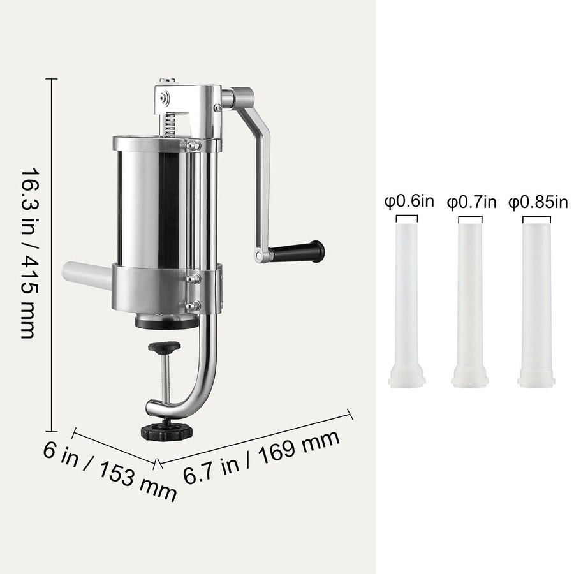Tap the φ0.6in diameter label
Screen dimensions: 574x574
point(409,202)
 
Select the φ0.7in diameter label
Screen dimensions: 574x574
point(471,202)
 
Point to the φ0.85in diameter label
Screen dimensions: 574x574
point(538,202)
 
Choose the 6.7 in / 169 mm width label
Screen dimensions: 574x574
point(261,457)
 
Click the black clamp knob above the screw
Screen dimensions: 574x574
point(165,348)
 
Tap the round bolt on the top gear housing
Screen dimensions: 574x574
point(166,97)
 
